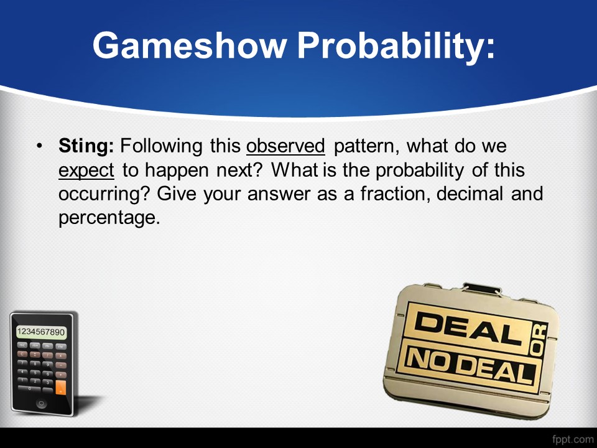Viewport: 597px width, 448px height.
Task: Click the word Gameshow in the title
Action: point(189,45)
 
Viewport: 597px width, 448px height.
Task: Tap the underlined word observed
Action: point(285,146)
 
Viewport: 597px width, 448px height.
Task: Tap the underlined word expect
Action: point(86,170)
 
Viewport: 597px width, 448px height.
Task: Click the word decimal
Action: point(470,194)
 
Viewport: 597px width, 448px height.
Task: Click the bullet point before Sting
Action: point(39,146)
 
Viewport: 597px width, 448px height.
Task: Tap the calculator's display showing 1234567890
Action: point(41,332)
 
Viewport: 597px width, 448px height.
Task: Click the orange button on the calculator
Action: point(60,388)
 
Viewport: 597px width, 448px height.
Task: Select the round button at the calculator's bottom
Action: point(41,403)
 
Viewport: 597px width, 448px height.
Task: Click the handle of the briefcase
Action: point(481,289)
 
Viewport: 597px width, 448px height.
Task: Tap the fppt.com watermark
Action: point(573,439)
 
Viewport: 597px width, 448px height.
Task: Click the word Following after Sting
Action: point(161,147)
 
